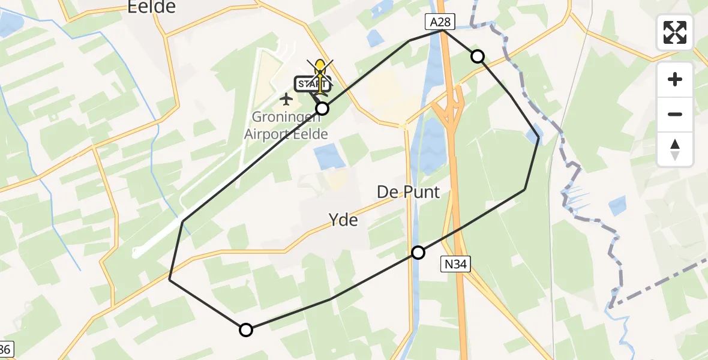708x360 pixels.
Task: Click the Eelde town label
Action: (x=152, y=7)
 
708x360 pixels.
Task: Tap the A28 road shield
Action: (x=441, y=22)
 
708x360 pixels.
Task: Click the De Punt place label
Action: (x=408, y=192)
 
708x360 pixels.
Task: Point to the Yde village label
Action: (x=344, y=220)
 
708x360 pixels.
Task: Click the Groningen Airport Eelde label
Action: (x=286, y=126)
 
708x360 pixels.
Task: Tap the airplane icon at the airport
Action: (x=286, y=98)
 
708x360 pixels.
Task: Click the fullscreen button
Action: (x=675, y=32)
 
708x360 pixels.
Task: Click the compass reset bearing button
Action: (x=675, y=149)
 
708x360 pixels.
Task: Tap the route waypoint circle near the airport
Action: (x=322, y=109)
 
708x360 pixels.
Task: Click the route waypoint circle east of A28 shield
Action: (x=478, y=56)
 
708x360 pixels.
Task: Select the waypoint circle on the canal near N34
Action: (x=418, y=253)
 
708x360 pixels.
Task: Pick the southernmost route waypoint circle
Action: (x=246, y=329)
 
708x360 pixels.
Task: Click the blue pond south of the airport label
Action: (x=329, y=157)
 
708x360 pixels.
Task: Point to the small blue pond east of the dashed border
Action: (x=617, y=206)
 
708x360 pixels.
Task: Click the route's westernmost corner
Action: (x=170, y=280)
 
